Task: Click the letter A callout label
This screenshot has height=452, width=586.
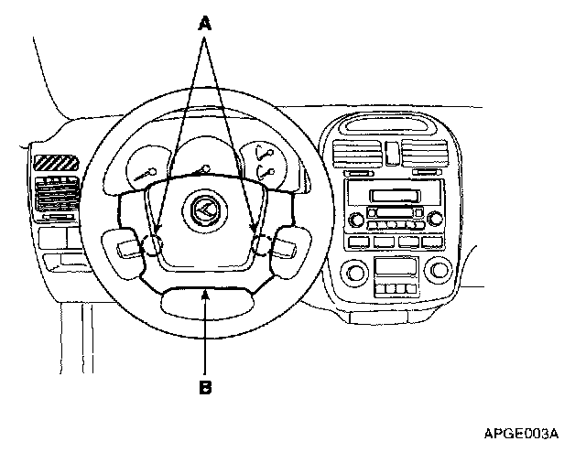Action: [206, 27]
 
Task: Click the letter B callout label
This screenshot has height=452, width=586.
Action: [206, 387]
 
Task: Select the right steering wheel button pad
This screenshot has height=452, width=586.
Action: [280, 244]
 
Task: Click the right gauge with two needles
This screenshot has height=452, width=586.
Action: [266, 162]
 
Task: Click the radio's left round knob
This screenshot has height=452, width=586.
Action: [355, 219]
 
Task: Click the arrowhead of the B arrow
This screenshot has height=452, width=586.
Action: [207, 291]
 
